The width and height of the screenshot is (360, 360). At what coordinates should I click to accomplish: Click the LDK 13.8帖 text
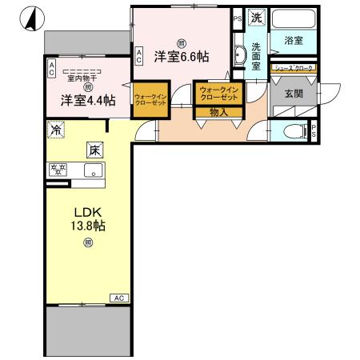[x=88, y=219]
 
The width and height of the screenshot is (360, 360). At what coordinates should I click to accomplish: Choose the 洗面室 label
[x=256, y=57]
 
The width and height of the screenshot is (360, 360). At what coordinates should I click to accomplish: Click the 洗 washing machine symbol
[x=256, y=17]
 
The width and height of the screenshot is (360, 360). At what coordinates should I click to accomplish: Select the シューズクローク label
[x=294, y=69]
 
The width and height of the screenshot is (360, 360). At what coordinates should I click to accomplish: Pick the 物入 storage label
[x=218, y=113]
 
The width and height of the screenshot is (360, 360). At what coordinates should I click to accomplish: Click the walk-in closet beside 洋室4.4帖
[x=150, y=98]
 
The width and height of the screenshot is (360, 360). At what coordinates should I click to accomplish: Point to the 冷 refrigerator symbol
[x=56, y=128]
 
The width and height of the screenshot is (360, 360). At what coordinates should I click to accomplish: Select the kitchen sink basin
[x=92, y=170]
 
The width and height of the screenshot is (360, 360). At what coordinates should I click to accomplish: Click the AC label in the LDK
[x=118, y=298]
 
